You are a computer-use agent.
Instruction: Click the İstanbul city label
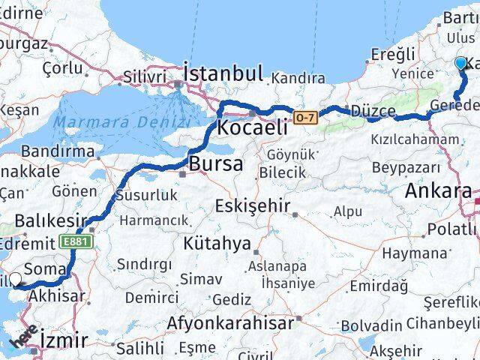tap(223, 73)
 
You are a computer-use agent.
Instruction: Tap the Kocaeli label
tap(252, 127)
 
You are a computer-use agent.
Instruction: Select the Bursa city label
tap(216, 163)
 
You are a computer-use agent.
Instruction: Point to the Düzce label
tap(373, 111)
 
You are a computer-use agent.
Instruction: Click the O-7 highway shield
tap(305, 117)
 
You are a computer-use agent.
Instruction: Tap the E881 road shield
tap(72, 241)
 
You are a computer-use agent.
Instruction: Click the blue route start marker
tap(460, 64)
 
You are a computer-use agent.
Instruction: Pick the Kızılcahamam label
tap(415, 139)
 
